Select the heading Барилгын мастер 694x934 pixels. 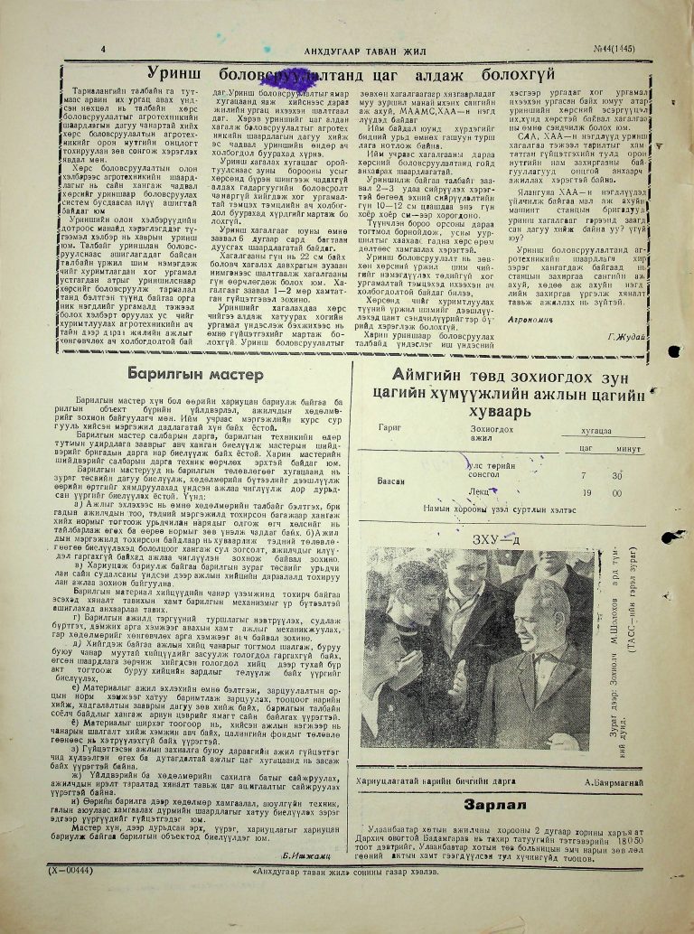(x=195, y=372)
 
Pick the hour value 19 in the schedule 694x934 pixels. (x=563, y=493)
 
